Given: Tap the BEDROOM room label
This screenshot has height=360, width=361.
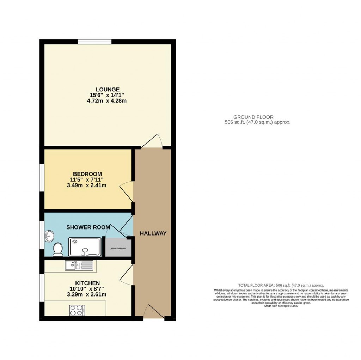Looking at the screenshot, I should click(x=87, y=174).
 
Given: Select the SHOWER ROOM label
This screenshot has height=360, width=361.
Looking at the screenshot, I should click(x=88, y=227).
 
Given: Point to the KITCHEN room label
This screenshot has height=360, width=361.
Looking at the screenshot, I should click(x=87, y=283).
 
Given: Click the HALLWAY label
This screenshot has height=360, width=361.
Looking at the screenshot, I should click(x=153, y=233).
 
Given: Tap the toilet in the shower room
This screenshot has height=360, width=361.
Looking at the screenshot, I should click(x=57, y=250).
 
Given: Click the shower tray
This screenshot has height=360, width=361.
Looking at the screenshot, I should click(x=84, y=247).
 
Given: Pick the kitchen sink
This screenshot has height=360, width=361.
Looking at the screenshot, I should click(x=79, y=265).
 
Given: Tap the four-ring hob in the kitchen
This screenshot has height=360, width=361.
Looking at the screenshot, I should click(x=77, y=310).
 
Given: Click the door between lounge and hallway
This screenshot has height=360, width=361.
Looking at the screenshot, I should click(x=152, y=141).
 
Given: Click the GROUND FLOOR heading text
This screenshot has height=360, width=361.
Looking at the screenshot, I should click(x=253, y=117).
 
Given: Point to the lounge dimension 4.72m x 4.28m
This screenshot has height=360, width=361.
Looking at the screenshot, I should click(x=107, y=101).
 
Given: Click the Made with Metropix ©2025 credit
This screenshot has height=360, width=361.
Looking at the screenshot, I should click(x=281, y=306).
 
